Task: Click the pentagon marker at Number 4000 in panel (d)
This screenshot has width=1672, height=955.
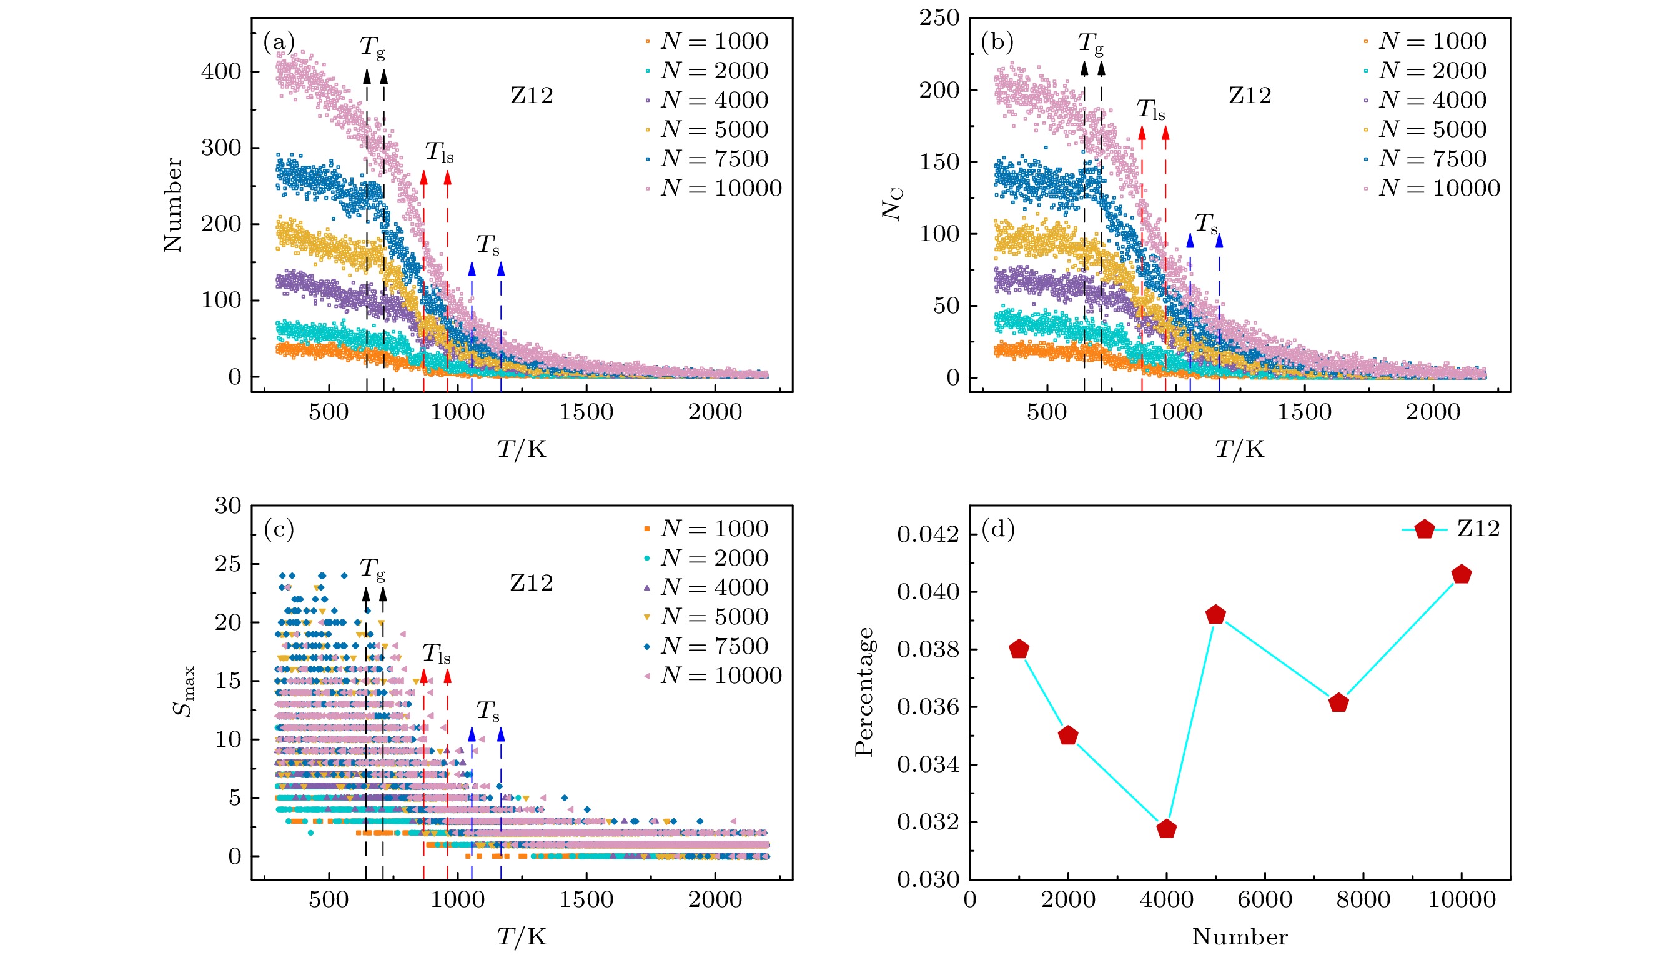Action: (x=1167, y=829)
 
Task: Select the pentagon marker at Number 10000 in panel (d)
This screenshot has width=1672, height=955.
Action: (x=1462, y=575)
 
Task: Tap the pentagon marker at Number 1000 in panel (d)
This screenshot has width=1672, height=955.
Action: (x=1019, y=649)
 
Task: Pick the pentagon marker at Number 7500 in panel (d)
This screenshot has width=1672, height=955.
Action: (x=1338, y=703)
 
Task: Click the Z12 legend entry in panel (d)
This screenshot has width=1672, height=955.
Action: (x=1452, y=529)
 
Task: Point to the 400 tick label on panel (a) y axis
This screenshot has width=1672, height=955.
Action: (x=221, y=71)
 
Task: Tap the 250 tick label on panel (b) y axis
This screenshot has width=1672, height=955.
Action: (x=939, y=18)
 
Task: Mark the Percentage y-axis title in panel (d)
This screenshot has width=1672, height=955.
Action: (x=864, y=692)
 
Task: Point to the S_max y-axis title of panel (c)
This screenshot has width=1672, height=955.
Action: (x=184, y=692)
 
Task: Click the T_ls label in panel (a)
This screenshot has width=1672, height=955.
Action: (x=439, y=152)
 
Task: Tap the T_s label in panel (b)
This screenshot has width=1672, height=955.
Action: (x=1206, y=224)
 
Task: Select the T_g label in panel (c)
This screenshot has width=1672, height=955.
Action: (x=372, y=569)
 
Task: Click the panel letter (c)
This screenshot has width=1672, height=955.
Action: (x=279, y=529)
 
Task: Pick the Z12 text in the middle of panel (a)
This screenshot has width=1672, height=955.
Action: (x=532, y=96)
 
